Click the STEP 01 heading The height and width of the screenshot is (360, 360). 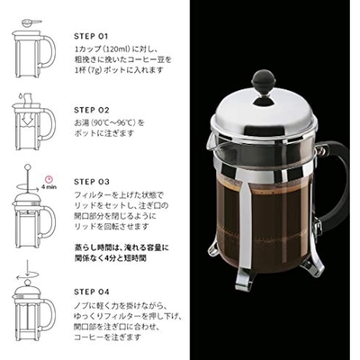[91, 36]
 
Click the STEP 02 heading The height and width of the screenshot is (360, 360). [92, 110]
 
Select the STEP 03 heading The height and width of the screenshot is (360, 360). [92, 182]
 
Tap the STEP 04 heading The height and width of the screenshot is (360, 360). [92, 292]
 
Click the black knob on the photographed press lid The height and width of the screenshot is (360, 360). [264, 78]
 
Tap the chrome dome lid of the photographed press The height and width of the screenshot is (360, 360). [264, 115]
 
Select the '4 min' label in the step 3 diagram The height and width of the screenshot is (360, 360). [49, 187]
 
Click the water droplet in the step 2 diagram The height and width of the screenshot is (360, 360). [20, 96]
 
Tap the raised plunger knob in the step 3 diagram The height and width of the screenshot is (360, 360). [28, 166]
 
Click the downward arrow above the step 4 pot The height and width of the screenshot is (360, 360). [27, 268]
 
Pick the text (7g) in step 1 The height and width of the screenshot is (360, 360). [96, 70]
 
